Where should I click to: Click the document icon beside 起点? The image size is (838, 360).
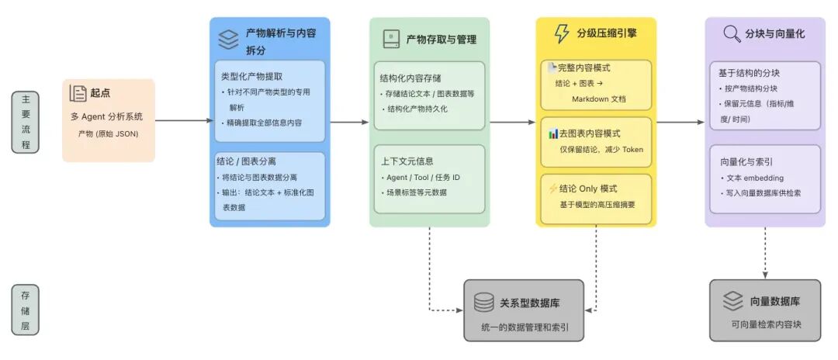(78, 93)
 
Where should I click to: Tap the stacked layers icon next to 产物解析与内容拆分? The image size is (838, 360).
(228, 39)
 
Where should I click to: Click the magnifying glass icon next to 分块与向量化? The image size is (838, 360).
(731, 34)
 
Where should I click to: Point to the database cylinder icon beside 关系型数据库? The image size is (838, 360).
(484, 302)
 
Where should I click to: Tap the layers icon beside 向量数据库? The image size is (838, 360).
(732, 301)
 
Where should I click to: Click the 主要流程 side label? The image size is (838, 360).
(26, 122)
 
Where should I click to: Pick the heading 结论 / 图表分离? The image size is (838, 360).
(247, 161)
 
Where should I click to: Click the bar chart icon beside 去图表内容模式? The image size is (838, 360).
(552, 133)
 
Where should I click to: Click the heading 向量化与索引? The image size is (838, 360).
(745, 161)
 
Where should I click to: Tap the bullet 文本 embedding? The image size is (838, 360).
(756, 178)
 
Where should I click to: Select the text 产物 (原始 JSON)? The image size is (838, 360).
(108, 133)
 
